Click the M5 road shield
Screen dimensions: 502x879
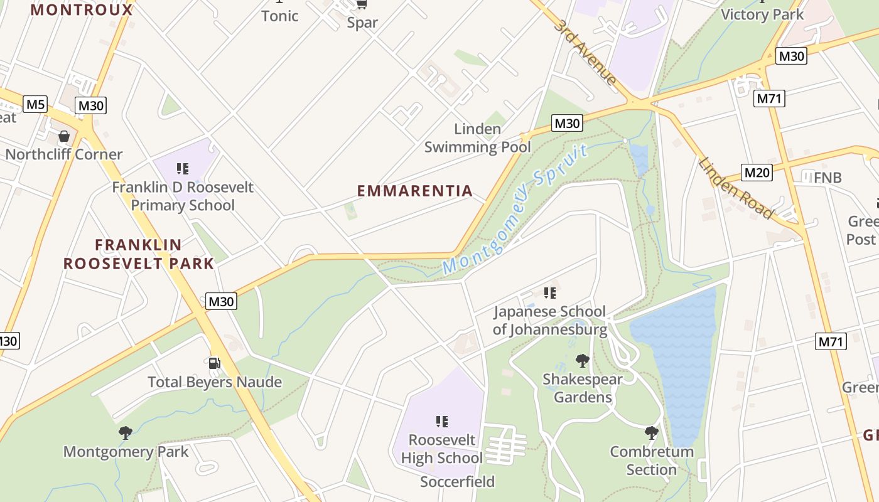click(35, 104)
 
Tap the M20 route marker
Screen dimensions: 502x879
click(757, 173)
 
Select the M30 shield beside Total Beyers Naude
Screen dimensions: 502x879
click(221, 301)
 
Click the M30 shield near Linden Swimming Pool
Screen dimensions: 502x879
click(567, 123)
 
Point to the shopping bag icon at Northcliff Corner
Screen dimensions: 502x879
click(63, 136)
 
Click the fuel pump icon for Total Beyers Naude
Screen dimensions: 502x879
click(214, 363)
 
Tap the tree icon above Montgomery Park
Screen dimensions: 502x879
click(126, 432)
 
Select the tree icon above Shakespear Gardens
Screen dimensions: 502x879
click(583, 360)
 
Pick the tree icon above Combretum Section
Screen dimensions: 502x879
click(652, 432)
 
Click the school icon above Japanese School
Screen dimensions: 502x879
click(550, 292)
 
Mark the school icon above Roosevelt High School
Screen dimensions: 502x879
click(442, 421)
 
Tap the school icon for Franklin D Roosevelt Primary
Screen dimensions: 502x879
click(183, 168)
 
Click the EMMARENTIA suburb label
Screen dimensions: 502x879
click(415, 191)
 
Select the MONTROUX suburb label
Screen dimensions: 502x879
click(82, 10)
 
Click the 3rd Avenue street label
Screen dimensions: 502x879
click(585, 52)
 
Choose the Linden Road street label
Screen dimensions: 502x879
click(735, 188)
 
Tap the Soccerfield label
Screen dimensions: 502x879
click(457, 482)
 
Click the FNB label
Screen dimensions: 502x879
click(827, 178)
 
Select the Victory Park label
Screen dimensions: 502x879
click(762, 14)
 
